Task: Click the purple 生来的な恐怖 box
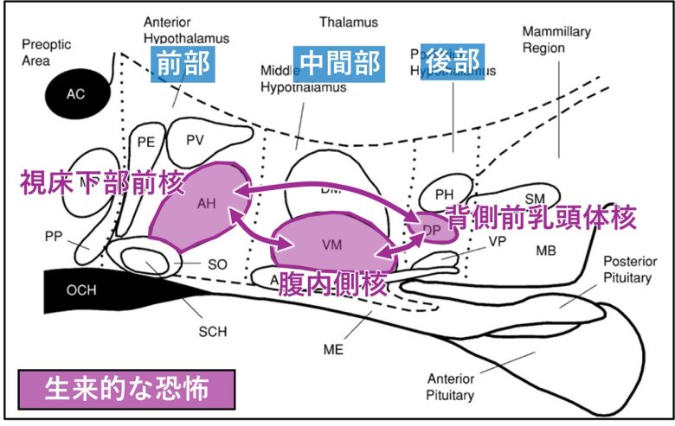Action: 126,388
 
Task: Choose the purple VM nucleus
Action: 331,245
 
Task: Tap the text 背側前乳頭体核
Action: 541,218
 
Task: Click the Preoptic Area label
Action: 47,51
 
